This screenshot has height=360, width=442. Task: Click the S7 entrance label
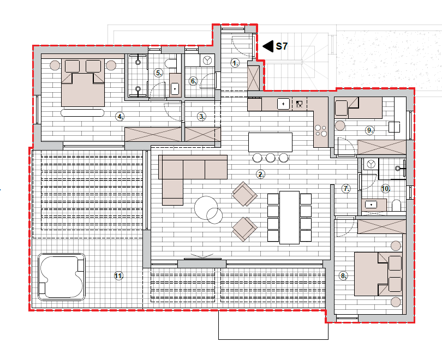pos(282,46)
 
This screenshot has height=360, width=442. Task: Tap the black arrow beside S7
pos(268,46)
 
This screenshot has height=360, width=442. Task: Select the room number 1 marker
pos(235,63)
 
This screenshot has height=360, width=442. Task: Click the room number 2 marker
pos(261,175)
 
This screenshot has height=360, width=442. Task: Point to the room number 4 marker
pos(120,116)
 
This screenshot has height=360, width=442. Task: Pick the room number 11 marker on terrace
pos(118,276)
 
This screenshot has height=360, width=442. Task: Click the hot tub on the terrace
pos(62,277)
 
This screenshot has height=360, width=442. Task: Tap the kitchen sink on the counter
pos(283,104)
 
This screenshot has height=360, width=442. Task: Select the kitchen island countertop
pos(270,142)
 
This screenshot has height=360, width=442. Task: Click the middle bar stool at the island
pos(270,158)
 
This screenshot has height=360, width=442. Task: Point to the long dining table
pos(290,218)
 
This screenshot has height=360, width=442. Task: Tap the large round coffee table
pos(206,208)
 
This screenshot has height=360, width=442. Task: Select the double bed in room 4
pos(83,82)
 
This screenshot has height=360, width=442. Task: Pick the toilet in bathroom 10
pos(396,206)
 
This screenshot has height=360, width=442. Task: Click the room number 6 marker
pos(193,81)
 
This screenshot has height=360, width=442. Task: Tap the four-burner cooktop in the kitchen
pos(321,131)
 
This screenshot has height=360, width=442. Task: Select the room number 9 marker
pos(369,130)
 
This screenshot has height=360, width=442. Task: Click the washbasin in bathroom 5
pos(175,89)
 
